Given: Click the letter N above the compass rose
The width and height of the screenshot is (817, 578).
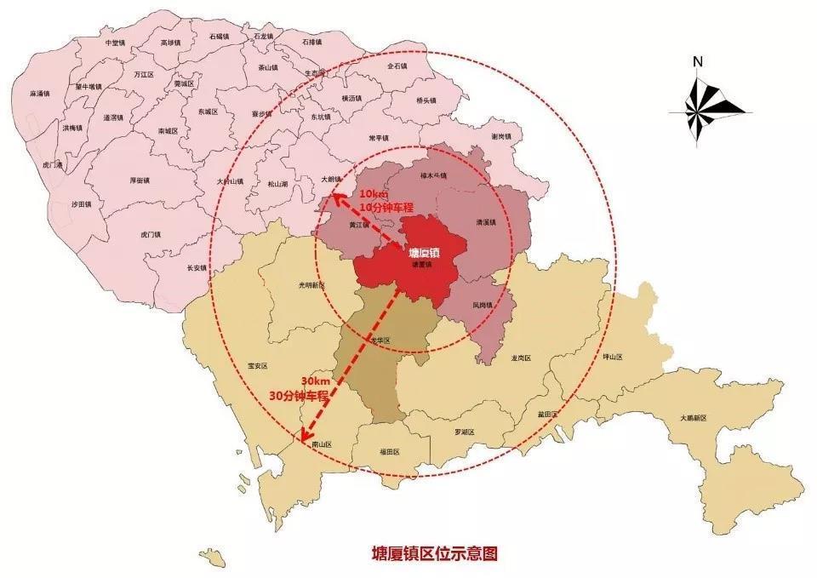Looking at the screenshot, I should click(x=697, y=61).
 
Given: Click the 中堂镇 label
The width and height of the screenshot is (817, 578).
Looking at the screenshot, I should click(x=112, y=42).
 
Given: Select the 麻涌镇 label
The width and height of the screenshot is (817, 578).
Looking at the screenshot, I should click(x=39, y=94).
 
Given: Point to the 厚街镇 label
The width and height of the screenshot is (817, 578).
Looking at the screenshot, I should click(x=140, y=180).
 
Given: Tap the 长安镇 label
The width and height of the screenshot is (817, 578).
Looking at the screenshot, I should click(x=197, y=267).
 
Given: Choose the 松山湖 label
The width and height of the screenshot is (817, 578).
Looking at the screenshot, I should click(x=278, y=184).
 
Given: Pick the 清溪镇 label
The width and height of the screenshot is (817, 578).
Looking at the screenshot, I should click(x=485, y=222).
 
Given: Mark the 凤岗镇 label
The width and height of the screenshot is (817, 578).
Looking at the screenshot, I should click(x=483, y=304).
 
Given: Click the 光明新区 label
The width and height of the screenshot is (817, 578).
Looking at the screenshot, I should click(x=311, y=286).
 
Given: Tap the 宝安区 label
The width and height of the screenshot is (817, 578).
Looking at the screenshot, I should click(x=257, y=365).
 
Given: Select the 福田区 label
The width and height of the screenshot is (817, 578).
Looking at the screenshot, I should click(x=390, y=452).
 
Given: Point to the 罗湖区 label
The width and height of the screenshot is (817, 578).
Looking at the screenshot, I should click(x=464, y=432).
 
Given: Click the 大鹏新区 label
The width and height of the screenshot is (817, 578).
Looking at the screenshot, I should click(x=694, y=418).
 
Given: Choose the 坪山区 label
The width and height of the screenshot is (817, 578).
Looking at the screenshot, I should click(x=612, y=357).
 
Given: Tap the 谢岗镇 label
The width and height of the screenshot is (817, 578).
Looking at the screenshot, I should click(x=501, y=137).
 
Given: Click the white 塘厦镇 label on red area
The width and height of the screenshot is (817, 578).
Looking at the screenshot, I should click(x=423, y=253).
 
